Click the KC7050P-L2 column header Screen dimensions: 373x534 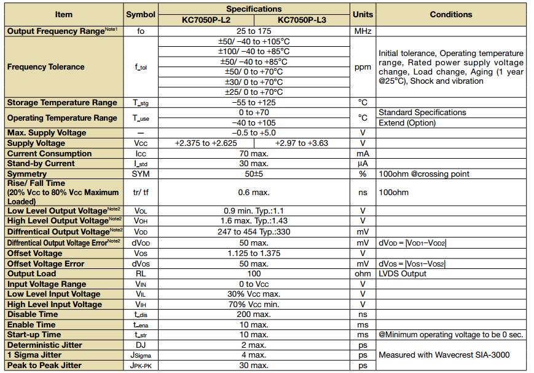pos(205,20)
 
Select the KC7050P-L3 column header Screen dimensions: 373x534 pos(302,20)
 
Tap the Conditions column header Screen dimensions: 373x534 pos(450,14)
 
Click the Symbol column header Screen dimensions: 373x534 pos(141,14)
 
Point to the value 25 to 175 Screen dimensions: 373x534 pos(254,31)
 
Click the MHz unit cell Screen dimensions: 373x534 pos(363,31)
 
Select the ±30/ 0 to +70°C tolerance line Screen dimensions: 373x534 pos(254,82)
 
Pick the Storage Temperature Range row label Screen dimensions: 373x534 pos(62,103)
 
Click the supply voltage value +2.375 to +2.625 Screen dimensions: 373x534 pos(206,143)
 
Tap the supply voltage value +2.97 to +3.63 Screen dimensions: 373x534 pos(301,143)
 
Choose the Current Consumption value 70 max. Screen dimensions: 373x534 pos(254,153)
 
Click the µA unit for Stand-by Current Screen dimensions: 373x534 pos(363,164)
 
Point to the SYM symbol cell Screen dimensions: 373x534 pos(141,174)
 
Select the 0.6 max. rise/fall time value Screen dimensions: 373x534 pos(254,193)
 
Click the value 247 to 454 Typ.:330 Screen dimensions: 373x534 pos(254,231)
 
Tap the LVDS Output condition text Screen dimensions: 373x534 pos(402,274)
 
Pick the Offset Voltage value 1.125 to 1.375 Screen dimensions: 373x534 pos(254,253)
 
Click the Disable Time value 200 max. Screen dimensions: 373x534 pos(254,315)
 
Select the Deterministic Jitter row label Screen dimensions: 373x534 pos(45,345)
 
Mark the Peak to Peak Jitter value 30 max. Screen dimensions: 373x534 pos(254,366)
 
